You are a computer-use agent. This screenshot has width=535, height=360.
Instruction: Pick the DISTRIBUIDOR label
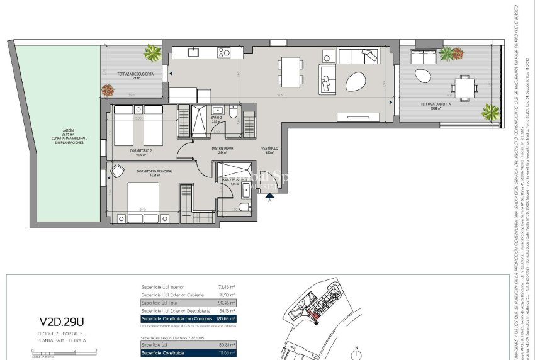[222, 149]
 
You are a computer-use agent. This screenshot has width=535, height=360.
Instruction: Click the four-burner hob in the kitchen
[225, 53]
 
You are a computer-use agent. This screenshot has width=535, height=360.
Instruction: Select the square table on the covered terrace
[465, 87]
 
